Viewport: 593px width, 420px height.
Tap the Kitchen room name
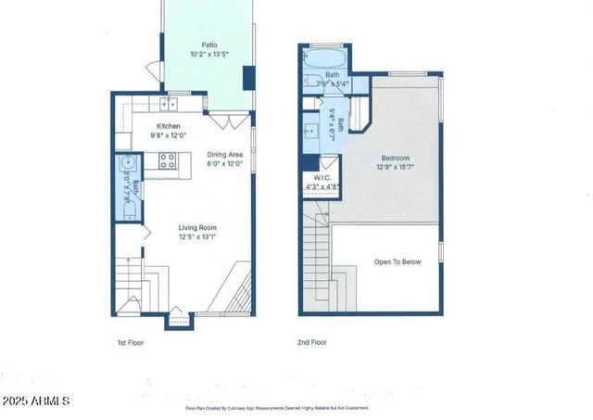click(168, 126)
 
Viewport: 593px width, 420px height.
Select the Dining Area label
click(224, 155)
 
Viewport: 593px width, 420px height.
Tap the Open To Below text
click(397, 261)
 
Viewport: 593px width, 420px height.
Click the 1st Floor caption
click(133, 342)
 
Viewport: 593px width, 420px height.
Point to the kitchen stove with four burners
click(169, 160)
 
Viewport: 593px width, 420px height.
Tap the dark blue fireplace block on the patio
click(248, 78)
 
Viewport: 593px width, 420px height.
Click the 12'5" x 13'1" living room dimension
click(197, 236)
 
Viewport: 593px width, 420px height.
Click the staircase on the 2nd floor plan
click(320, 264)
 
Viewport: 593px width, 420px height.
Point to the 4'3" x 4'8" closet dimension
click(322, 186)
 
